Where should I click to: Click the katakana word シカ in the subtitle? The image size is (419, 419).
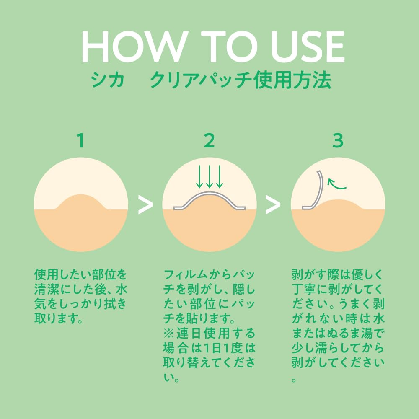coord(107,80)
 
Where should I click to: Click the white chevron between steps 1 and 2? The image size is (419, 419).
coord(145,205)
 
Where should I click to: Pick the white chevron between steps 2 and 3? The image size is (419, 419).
coord(273,205)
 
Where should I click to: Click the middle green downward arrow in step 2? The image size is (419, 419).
coord(209,177)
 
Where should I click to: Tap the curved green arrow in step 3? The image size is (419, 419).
coord(336,184)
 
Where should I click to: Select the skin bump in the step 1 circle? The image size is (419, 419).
coord(81,202)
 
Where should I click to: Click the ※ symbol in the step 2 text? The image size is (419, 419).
coord(168,333)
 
